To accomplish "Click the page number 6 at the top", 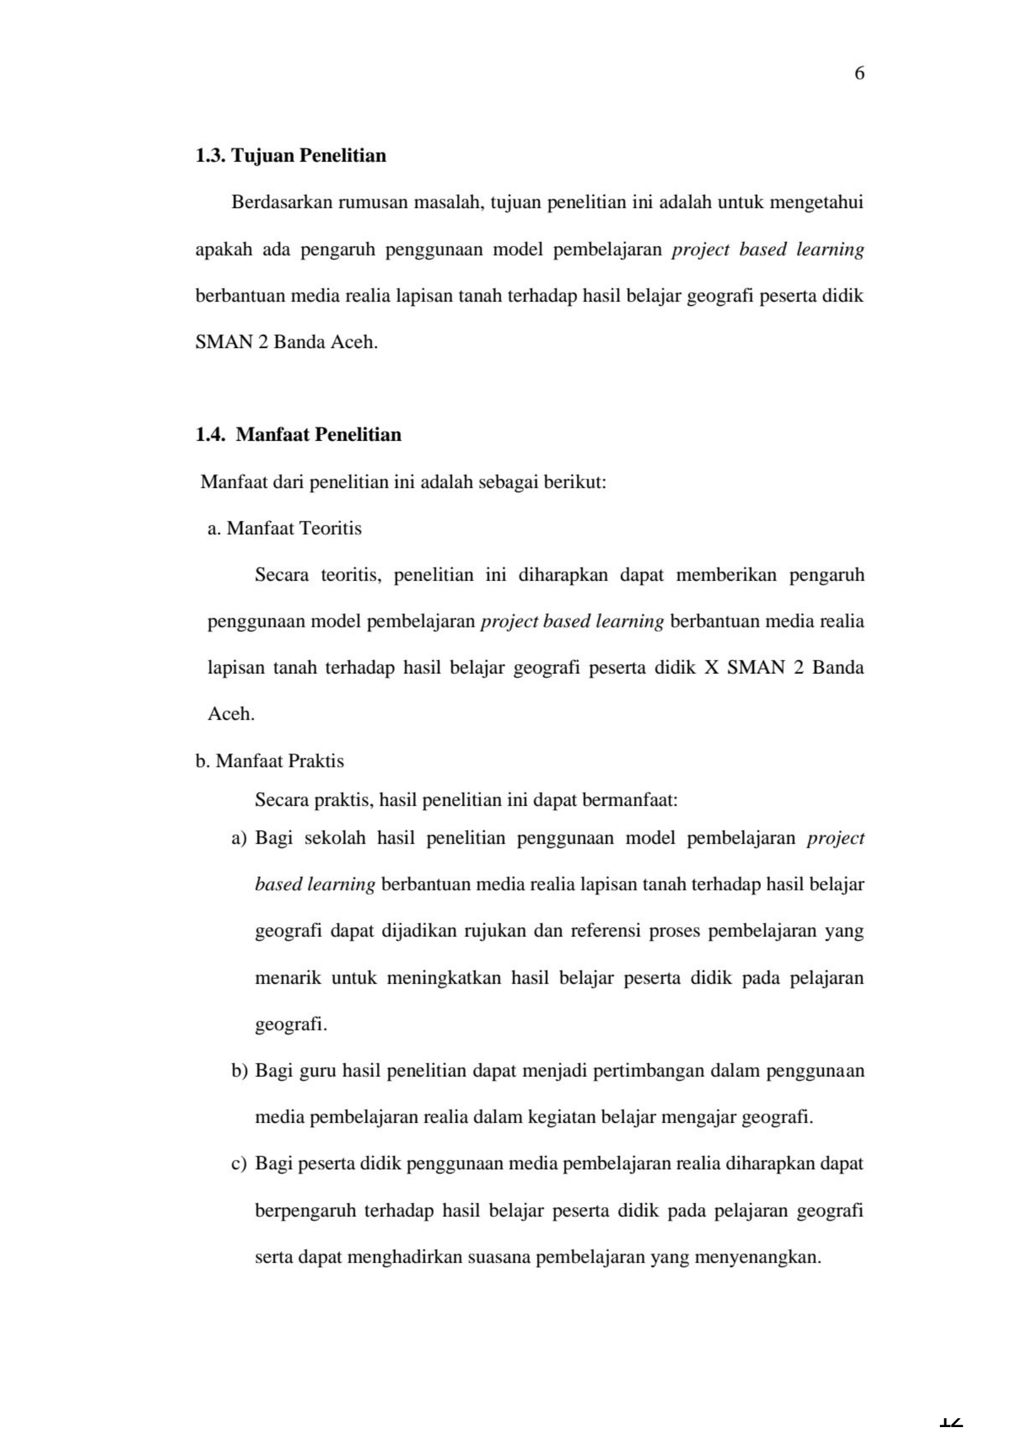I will click(859, 74).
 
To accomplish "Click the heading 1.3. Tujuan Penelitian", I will click(291, 155).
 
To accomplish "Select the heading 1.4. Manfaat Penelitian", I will click(298, 434).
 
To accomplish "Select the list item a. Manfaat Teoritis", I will click(284, 528).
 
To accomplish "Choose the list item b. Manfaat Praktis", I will click(270, 761).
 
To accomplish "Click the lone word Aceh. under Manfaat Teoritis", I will click(231, 714).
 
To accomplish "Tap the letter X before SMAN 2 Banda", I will click(712, 668).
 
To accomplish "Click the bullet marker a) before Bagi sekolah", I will click(239, 839).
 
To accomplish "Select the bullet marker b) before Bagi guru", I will click(240, 1071).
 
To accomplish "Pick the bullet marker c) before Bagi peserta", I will click(239, 1164).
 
